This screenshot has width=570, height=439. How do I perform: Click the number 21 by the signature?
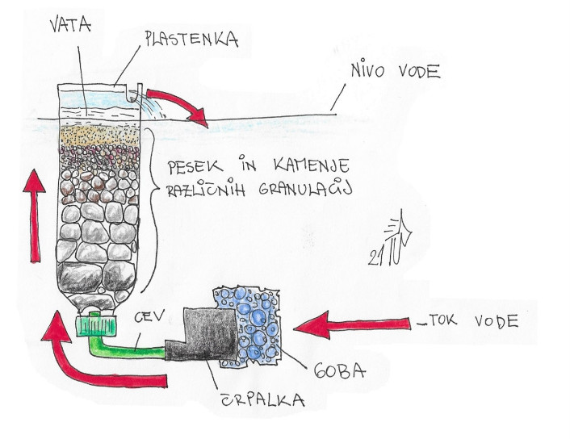click(x=376, y=258)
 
